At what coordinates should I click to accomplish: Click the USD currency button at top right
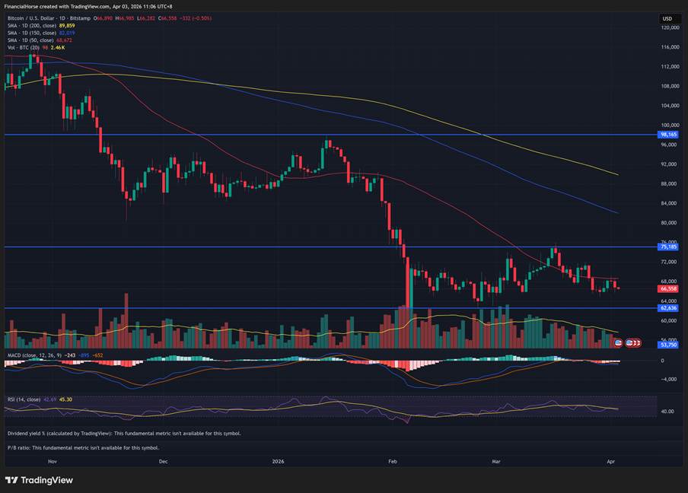coord(667,18)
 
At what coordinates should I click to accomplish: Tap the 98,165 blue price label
coord(669,135)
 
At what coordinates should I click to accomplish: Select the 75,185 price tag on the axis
coord(669,247)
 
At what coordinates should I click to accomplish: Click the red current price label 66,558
coord(669,289)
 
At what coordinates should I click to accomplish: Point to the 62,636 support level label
coord(669,308)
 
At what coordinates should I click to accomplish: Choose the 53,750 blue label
coord(669,345)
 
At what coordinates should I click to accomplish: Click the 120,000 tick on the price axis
coord(670,27)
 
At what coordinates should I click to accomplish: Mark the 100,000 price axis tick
coord(670,125)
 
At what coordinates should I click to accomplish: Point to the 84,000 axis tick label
coord(670,203)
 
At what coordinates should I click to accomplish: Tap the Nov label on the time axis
coord(53,461)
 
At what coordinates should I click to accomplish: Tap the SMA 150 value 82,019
coord(67,33)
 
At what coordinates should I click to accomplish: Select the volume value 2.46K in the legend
coord(58,47)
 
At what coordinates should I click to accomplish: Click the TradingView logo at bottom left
coord(39,480)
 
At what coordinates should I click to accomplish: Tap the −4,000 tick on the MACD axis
coord(669,379)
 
